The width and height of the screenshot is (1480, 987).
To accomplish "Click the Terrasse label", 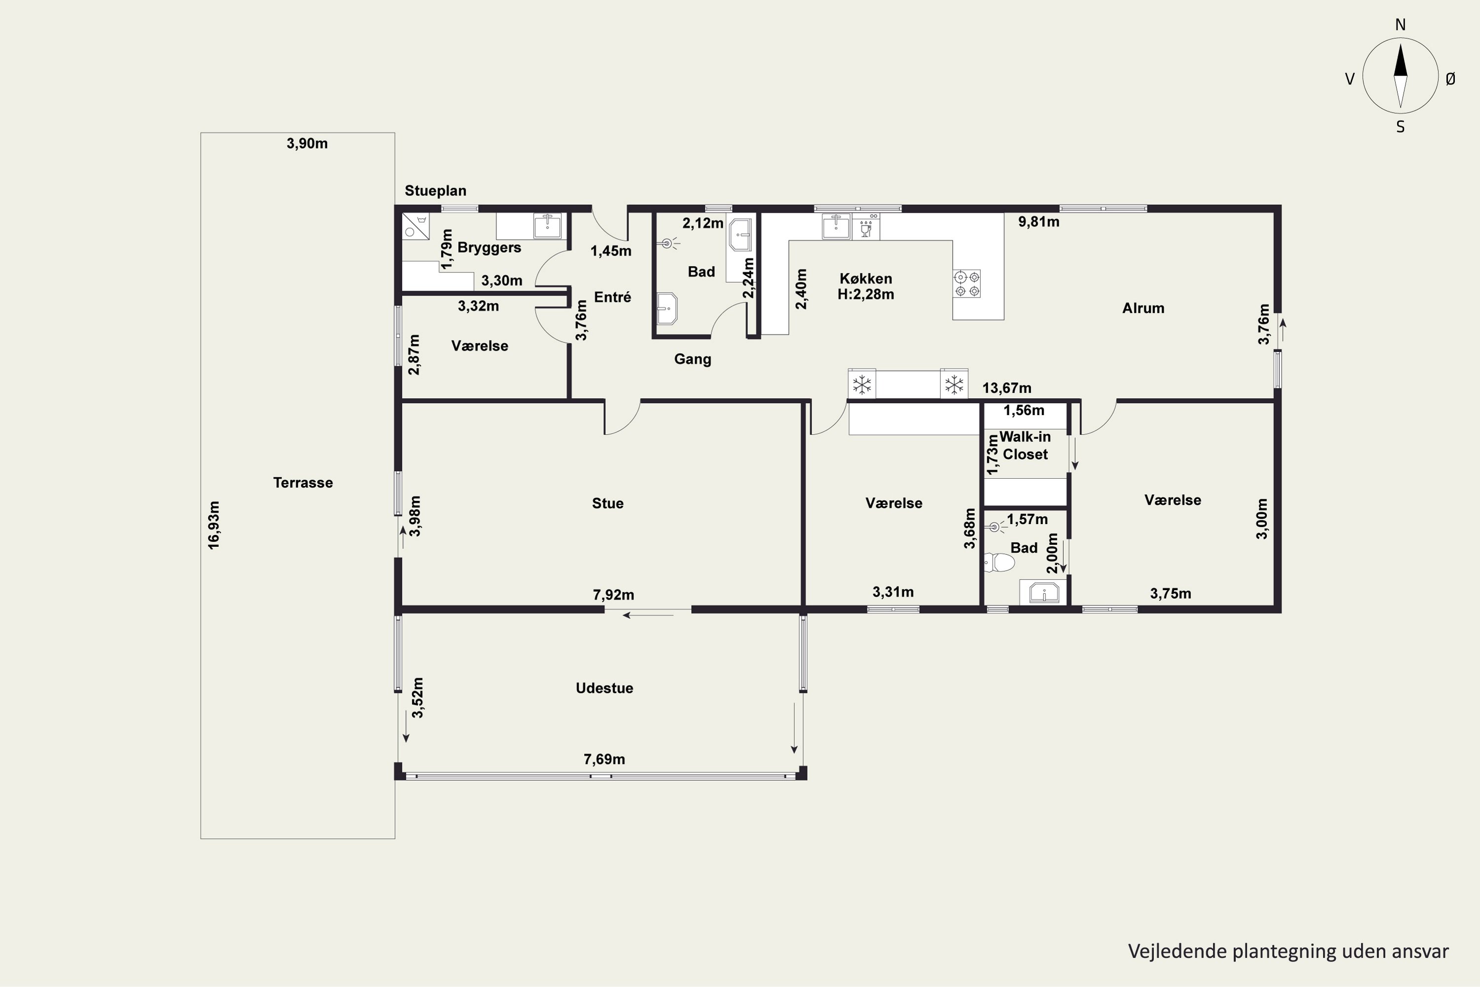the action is (x=303, y=483).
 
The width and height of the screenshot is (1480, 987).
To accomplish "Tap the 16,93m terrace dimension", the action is (x=214, y=525).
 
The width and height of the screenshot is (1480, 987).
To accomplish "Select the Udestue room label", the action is (x=604, y=688).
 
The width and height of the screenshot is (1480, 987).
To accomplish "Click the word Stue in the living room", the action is (x=608, y=503).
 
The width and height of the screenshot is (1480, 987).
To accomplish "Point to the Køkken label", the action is (x=866, y=278).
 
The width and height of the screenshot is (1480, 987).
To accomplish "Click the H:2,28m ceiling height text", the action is (x=866, y=294).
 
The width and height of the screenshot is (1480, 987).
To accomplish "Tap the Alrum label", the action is (x=1144, y=308).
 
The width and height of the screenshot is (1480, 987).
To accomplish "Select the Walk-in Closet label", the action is (x=1025, y=445).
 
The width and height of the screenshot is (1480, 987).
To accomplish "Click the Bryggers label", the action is (x=489, y=247).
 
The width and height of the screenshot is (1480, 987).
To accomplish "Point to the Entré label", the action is (x=612, y=297).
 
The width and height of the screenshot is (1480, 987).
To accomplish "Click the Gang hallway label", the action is (x=692, y=359).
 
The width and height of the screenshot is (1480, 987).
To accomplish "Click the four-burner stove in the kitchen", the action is (x=967, y=283).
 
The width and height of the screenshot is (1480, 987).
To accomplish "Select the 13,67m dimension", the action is (x=1007, y=388).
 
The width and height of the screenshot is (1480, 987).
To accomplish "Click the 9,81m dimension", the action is (x=1039, y=222).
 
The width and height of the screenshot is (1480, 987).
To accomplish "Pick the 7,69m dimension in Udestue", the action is (x=604, y=759).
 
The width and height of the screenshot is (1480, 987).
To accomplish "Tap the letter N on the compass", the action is (x=1400, y=25).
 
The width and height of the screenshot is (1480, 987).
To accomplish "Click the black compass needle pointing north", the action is (x=1400, y=60).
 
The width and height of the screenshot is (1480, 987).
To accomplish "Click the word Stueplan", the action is (x=436, y=190).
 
